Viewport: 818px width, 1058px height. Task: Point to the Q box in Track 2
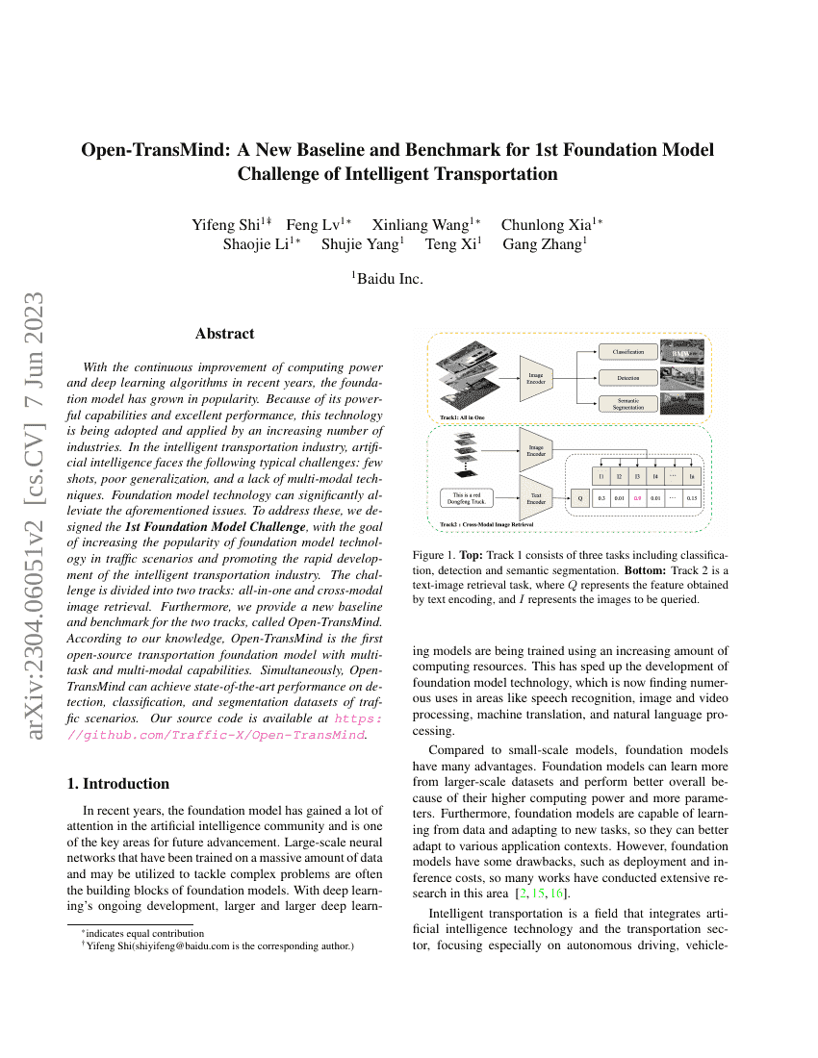click(x=578, y=498)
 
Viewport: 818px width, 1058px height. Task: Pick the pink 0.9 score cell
click(x=637, y=498)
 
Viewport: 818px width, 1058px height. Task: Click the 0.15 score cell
click(x=691, y=498)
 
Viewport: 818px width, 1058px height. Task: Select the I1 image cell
click(x=601, y=475)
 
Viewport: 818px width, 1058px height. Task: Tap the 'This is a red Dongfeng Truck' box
click(x=469, y=497)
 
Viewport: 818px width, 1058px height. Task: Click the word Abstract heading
click(x=224, y=334)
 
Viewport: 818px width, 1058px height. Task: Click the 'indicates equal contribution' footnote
click(x=141, y=933)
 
